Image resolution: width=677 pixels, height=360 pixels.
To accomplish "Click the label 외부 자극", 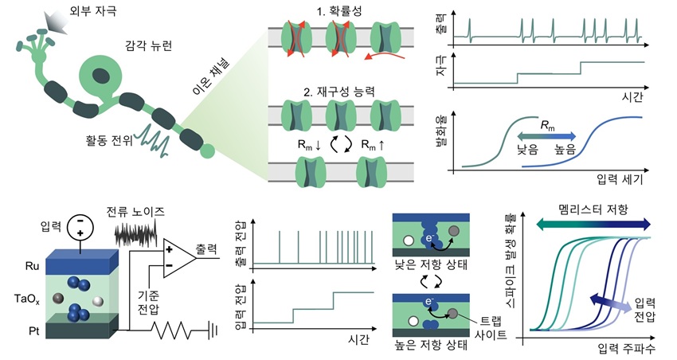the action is (x=93, y=10).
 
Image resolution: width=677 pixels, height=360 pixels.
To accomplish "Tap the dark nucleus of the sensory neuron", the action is (x=101, y=75).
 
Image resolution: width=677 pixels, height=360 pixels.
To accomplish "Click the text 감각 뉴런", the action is (x=148, y=45).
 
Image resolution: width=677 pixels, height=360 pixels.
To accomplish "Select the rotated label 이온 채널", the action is (x=211, y=76).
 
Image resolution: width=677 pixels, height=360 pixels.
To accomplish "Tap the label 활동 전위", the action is (x=109, y=140).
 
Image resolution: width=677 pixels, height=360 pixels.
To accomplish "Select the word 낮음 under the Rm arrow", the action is (x=527, y=150).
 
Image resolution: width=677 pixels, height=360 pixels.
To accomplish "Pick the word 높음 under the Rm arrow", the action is (x=565, y=150).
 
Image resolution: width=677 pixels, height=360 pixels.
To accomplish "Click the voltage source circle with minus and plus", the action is (x=80, y=228).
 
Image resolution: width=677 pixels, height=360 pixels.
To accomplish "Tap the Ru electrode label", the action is (x=32, y=266).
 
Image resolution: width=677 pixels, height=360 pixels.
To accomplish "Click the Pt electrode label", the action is (x=33, y=331).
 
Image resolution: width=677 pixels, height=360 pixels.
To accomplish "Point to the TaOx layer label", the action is (x=27, y=299).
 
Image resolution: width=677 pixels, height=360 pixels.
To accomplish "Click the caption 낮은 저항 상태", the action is (x=430, y=264).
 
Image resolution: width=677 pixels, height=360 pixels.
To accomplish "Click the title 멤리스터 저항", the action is (x=593, y=210).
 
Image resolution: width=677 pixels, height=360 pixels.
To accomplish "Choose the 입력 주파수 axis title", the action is (x=626, y=349).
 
